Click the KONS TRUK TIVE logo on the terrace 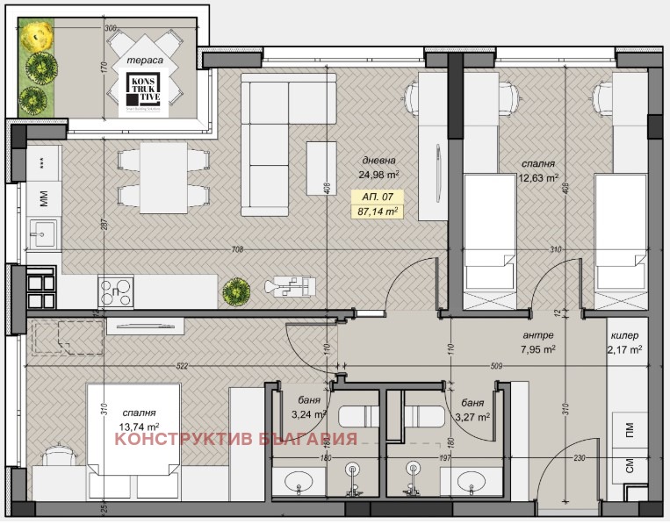pos(142,94)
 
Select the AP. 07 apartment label pos(376,197)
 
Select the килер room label pos(624,335)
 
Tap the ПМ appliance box pos(630,431)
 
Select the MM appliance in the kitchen pos(42,199)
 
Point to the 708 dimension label pos(237,250)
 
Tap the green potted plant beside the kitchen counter pos(234,289)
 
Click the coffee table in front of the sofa pos(320,167)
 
